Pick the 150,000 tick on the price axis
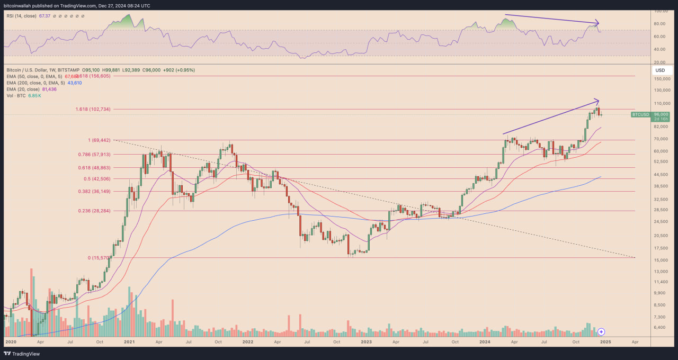click(662, 79)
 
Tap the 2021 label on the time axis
click(129, 342)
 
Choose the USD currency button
click(660, 70)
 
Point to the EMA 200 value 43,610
click(74, 83)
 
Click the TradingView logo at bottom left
click(22, 353)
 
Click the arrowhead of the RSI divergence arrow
click(597, 23)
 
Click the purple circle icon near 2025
click(601, 331)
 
